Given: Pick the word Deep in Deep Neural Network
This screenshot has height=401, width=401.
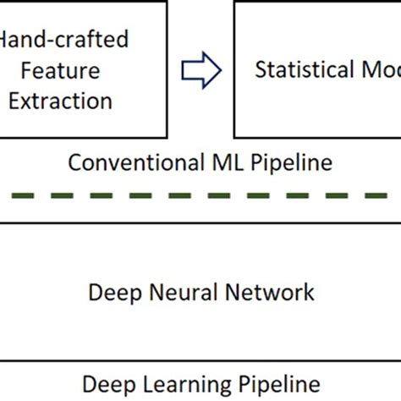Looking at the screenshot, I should [113, 293].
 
